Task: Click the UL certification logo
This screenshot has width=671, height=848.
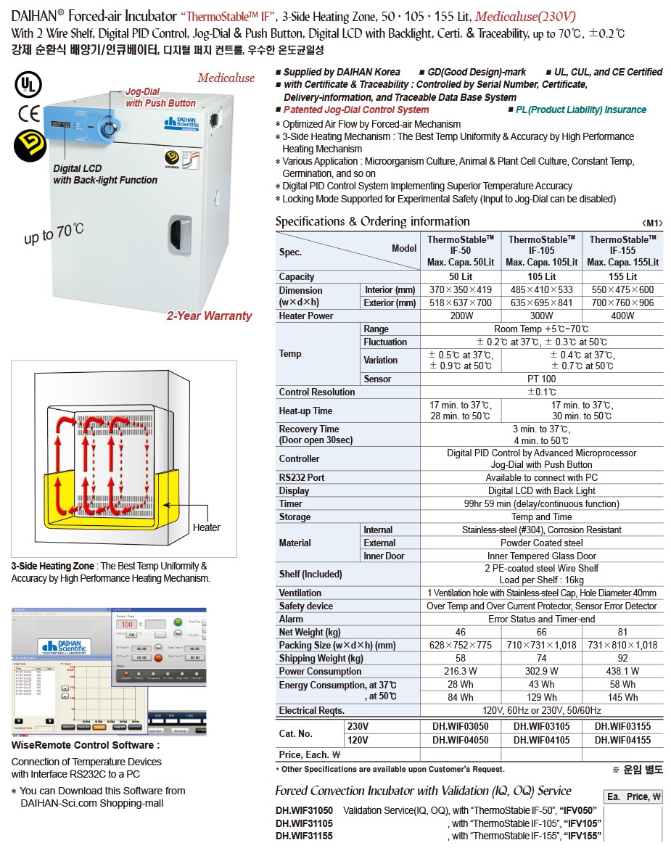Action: (27, 85)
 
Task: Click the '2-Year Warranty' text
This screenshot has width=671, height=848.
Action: (209, 316)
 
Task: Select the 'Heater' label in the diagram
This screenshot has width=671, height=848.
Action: (206, 527)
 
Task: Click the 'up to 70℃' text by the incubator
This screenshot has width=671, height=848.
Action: (54, 234)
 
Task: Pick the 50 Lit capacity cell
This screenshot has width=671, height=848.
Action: (460, 276)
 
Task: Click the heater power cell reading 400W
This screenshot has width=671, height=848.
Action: (622, 316)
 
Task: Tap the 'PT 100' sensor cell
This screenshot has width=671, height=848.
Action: (541, 379)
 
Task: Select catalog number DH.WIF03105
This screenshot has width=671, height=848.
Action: (541, 728)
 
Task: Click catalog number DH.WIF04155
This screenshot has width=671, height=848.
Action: (622, 741)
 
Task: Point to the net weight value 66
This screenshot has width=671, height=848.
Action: (541, 633)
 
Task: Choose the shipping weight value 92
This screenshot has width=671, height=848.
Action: (622, 659)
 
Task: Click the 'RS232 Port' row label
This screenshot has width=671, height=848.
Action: (302, 477)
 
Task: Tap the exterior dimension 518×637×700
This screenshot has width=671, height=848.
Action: (460, 303)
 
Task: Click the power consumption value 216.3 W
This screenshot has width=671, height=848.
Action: (460, 672)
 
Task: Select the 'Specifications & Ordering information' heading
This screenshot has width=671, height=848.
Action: (372, 222)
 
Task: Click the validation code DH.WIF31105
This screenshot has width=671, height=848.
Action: (304, 823)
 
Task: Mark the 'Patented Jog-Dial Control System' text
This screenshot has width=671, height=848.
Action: (355, 110)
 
